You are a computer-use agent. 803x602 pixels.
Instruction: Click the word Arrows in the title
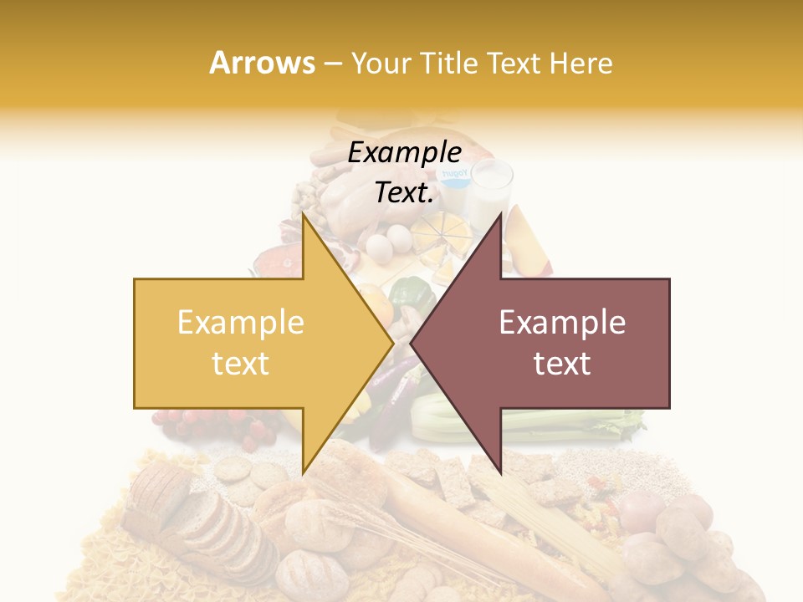pyautogui.click(x=262, y=63)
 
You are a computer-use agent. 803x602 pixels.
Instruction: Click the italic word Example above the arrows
pyautogui.click(x=404, y=153)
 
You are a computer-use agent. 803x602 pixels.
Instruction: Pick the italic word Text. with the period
pyautogui.click(x=404, y=193)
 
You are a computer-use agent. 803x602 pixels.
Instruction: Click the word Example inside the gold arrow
pyautogui.click(x=241, y=323)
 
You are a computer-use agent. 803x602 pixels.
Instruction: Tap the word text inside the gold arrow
pyautogui.click(x=241, y=364)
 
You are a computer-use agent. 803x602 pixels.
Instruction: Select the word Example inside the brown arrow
pyautogui.click(x=562, y=323)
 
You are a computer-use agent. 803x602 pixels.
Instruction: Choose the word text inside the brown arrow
pyautogui.click(x=562, y=364)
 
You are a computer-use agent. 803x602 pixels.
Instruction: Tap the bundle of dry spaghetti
pyautogui.click(x=535, y=527)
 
